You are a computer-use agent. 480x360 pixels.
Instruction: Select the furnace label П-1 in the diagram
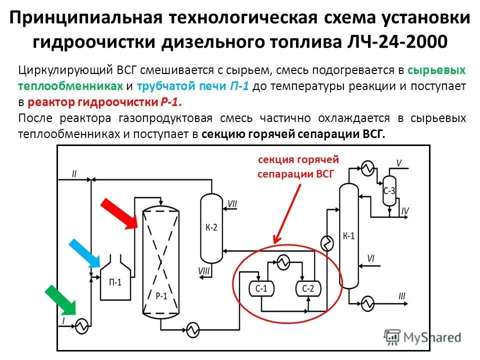[x=115, y=282]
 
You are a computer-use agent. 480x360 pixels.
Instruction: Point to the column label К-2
[x=211, y=228]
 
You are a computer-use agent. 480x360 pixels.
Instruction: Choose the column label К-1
[x=349, y=235]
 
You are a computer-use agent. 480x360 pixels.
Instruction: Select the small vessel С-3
[x=389, y=190]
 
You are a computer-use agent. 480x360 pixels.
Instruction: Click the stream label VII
[x=232, y=203]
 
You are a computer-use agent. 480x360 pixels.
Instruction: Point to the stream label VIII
[x=204, y=270]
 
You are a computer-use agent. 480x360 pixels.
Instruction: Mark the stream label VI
[x=370, y=258]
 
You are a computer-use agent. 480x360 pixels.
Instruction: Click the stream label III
[x=401, y=296]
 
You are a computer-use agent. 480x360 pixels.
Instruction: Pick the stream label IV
[x=405, y=211]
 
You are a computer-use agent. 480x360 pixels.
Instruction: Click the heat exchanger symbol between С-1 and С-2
[x=284, y=262]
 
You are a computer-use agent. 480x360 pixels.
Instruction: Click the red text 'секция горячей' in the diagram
[x=298, y=159]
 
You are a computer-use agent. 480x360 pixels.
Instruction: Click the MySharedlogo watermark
[x=423, y=337]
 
